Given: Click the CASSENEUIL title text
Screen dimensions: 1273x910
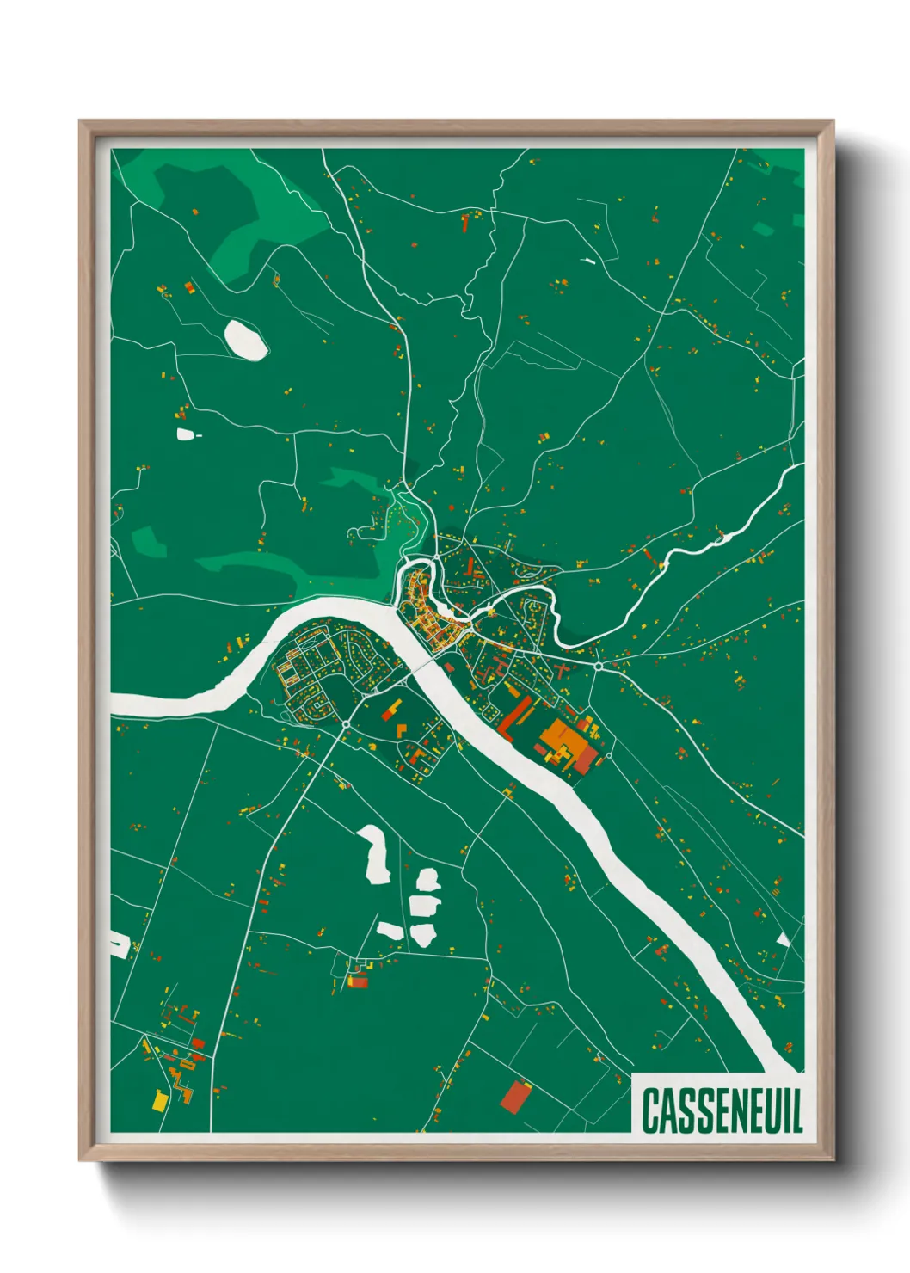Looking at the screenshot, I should click(x=722, y=1110).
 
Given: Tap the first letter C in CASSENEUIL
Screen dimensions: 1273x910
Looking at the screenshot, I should click(x=650, y=1110).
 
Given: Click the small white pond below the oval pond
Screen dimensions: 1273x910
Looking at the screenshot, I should click(x=185, y=434).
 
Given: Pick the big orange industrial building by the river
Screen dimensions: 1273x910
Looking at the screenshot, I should click(x=564, y=735).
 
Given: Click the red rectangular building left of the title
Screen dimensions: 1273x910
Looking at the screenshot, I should click(x=515, y=1096).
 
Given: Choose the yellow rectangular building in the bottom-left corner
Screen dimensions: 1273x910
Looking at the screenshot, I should click(x=160, y=1100).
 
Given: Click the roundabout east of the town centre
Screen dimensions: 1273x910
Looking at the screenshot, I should click(x=598, y=666).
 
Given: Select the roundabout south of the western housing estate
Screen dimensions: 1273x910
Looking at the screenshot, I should click(x=346, y=724).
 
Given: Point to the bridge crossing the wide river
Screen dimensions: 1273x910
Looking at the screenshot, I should click(x=427, y=665).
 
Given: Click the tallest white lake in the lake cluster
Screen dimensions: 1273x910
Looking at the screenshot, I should click(x=376, y=853).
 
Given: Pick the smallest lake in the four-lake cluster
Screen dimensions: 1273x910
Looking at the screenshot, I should click(x=390, y=930).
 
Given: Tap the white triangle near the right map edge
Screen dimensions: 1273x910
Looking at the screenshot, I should click(x=783, y=939).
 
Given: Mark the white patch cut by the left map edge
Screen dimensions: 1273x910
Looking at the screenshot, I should click(x=119, y=944).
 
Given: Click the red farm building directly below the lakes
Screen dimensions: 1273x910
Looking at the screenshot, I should click(x=357, y=981).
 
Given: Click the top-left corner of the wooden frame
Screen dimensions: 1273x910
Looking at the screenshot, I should click(x=80, y=121).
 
